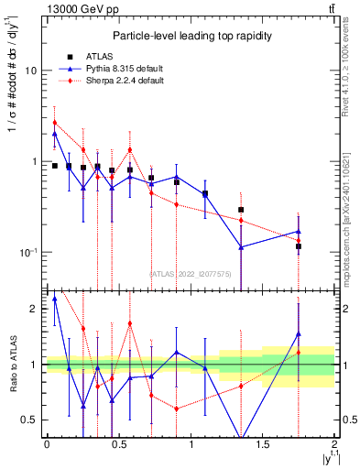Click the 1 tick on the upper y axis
point(36,161)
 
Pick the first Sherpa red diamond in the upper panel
point(55,123)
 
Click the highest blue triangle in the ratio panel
point(55,299)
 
